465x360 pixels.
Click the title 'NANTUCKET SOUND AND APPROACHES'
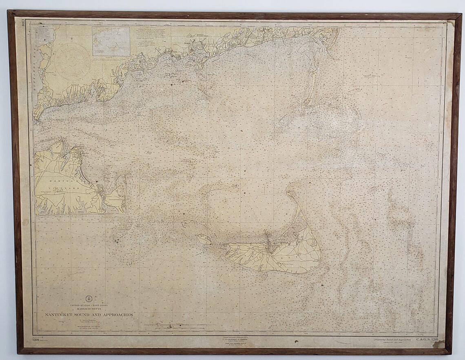pos(89,315)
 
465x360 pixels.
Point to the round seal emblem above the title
pos(89,298)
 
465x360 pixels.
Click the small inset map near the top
pos(111,41)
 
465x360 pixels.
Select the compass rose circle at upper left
pos(73,61)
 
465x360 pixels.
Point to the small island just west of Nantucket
pos(204,239)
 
